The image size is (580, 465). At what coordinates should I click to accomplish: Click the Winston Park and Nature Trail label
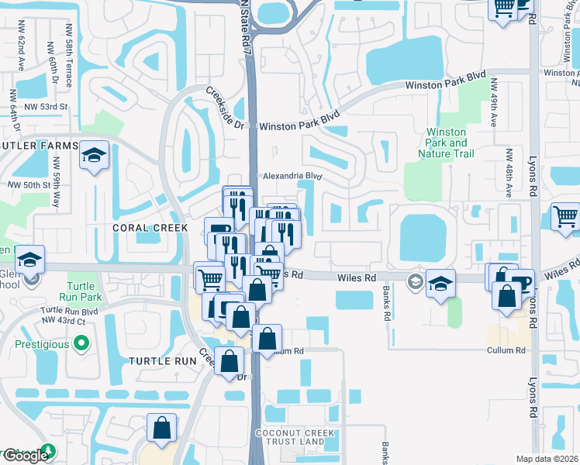(447, 143)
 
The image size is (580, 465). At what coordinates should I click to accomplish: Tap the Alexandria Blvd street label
(292, 176)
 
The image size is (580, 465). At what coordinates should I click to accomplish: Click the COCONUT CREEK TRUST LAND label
(298, 437)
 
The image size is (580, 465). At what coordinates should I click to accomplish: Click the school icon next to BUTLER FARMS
(94, 157)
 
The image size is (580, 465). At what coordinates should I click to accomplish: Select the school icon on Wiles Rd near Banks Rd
(440, 284)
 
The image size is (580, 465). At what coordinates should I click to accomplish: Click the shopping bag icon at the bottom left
(161, 429)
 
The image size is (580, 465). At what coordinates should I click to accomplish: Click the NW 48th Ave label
(509, 171)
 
